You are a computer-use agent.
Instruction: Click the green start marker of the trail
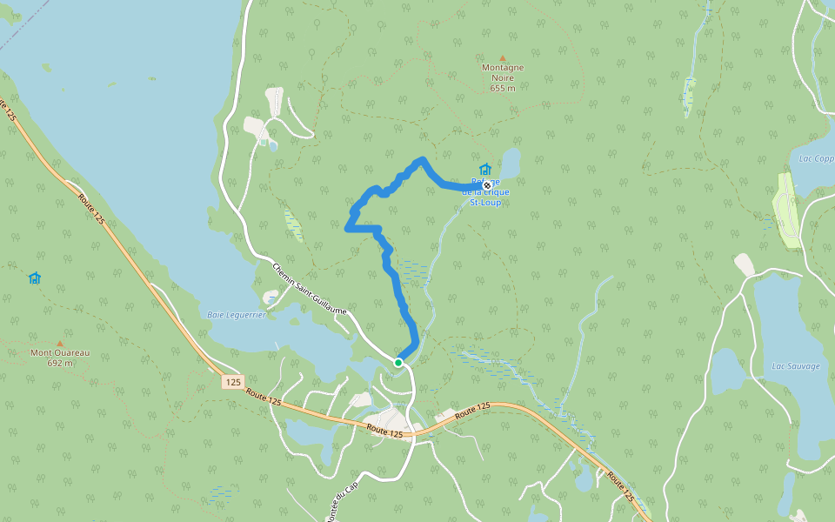(x=397, y=362)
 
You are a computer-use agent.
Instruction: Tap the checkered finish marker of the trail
(x=487, y=185)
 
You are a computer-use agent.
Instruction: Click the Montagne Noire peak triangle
(x=502, y=58)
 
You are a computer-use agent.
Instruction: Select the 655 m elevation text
(x=503, y=88)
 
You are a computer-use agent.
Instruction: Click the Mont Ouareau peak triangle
(x=59, y=343)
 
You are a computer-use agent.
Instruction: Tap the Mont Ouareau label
(x=60, y=352)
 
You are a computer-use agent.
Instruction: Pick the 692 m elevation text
(x=60, y=363)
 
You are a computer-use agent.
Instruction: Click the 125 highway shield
(x=231, y=381)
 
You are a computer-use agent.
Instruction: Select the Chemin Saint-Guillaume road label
(x=310, y=289)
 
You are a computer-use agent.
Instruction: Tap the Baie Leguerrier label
(x=237, y=314)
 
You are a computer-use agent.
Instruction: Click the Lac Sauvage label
(x=796, y=366)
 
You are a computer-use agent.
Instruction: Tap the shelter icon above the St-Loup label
(x=485, y=169)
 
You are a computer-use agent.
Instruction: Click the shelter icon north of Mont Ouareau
(x=35, y=278)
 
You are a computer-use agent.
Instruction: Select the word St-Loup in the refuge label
(x=485, y=202)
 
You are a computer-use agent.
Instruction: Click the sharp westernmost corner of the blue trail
(x=347, y=229)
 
